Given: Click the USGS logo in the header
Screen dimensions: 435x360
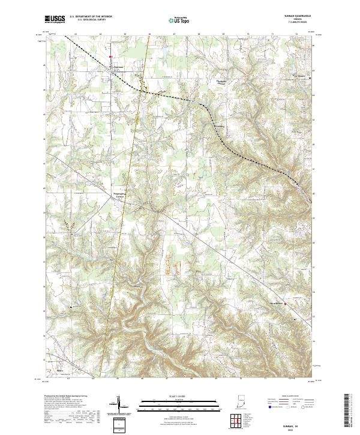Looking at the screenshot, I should coord(55,20).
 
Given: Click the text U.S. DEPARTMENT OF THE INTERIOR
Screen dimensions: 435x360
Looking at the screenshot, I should coord(91,17).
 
